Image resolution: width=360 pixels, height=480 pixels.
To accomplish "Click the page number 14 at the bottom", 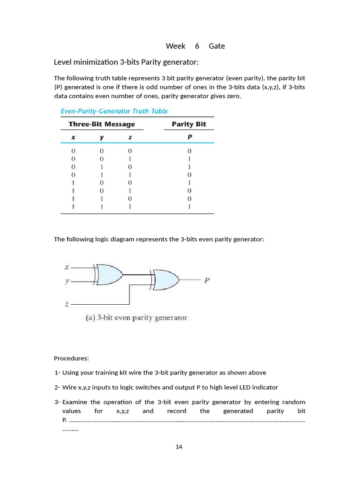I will click(x=179, y=447).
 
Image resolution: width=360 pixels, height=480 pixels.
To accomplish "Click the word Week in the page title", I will click(x=175, y=46).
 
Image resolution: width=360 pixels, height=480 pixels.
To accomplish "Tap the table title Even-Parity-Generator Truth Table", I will click(x=114, y=111).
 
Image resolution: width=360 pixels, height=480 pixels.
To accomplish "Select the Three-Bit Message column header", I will click(x=102, y=124).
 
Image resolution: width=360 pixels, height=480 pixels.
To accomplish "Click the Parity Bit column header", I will click(x=188, y=124).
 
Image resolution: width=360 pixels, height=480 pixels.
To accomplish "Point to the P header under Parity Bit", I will click(x=189, y=137).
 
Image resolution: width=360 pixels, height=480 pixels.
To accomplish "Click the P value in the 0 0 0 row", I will click(x=189, y=151).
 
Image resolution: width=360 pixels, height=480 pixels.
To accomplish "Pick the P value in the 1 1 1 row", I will click(x=189, y=207).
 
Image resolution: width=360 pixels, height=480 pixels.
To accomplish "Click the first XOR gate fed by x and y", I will click(x=109, y=274).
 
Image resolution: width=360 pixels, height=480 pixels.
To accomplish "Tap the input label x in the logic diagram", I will click(x=67, y=267).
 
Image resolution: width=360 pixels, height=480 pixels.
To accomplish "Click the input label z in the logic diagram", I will click(x=67, y=304).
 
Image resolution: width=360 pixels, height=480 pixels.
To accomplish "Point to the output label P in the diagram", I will click(x=207, y=281).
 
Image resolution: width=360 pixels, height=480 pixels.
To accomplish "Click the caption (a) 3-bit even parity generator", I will click(x=136, y=317).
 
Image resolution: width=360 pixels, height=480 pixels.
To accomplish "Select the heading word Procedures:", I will click(x=71, y=359).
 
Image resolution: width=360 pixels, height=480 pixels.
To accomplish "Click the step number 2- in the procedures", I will click(x=57, y=387).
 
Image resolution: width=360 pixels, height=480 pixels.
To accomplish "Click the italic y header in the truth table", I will click(x=102, y=137).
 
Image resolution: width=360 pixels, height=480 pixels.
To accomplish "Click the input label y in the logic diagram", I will click(x=67, y=281).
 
